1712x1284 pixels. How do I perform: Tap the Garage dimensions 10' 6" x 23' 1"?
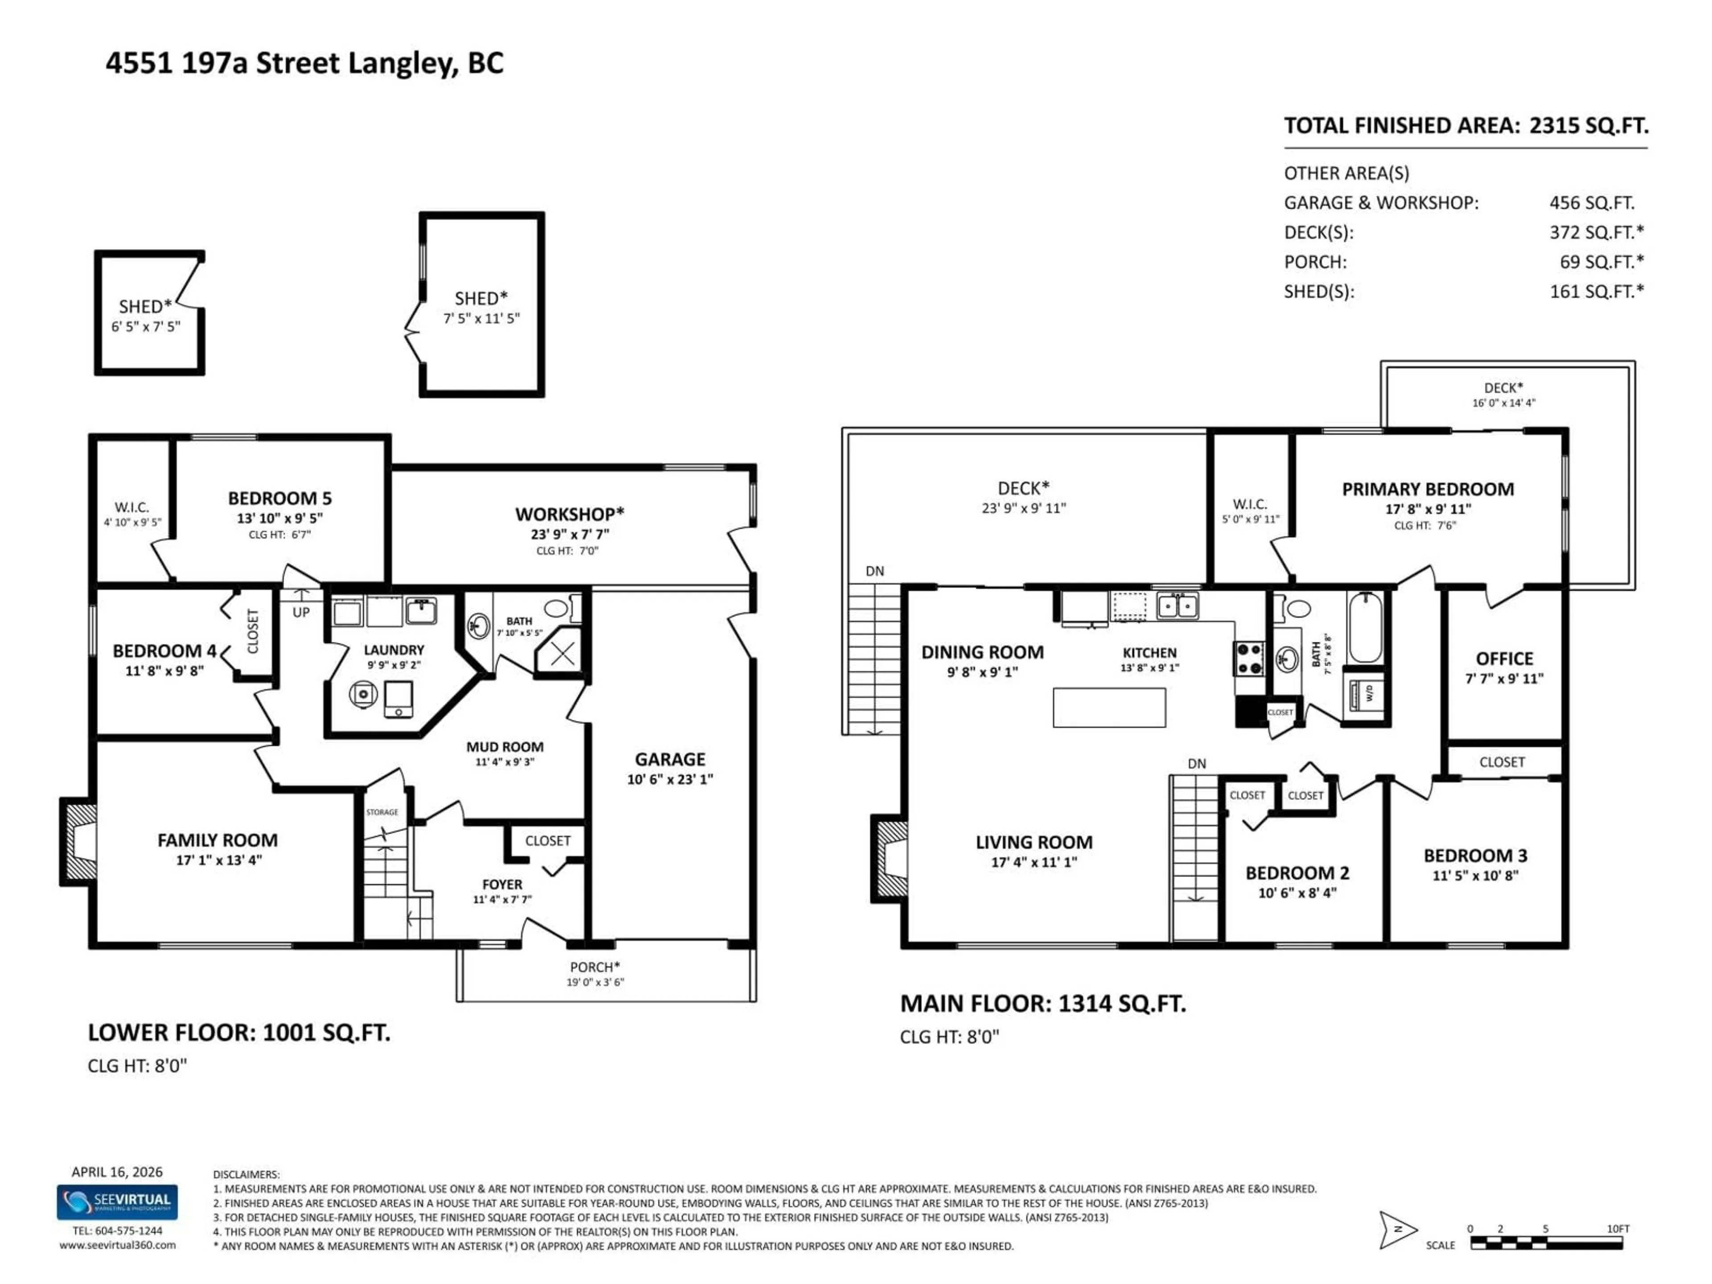point(670,779)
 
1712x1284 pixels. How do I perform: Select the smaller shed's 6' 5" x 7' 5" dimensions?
point(145,327)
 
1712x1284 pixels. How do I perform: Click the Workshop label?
point(570,514)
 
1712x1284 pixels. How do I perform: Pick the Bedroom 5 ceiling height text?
point(280,535)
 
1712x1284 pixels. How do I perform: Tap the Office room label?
point(1504,658)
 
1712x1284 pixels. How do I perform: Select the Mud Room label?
point(505,747)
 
